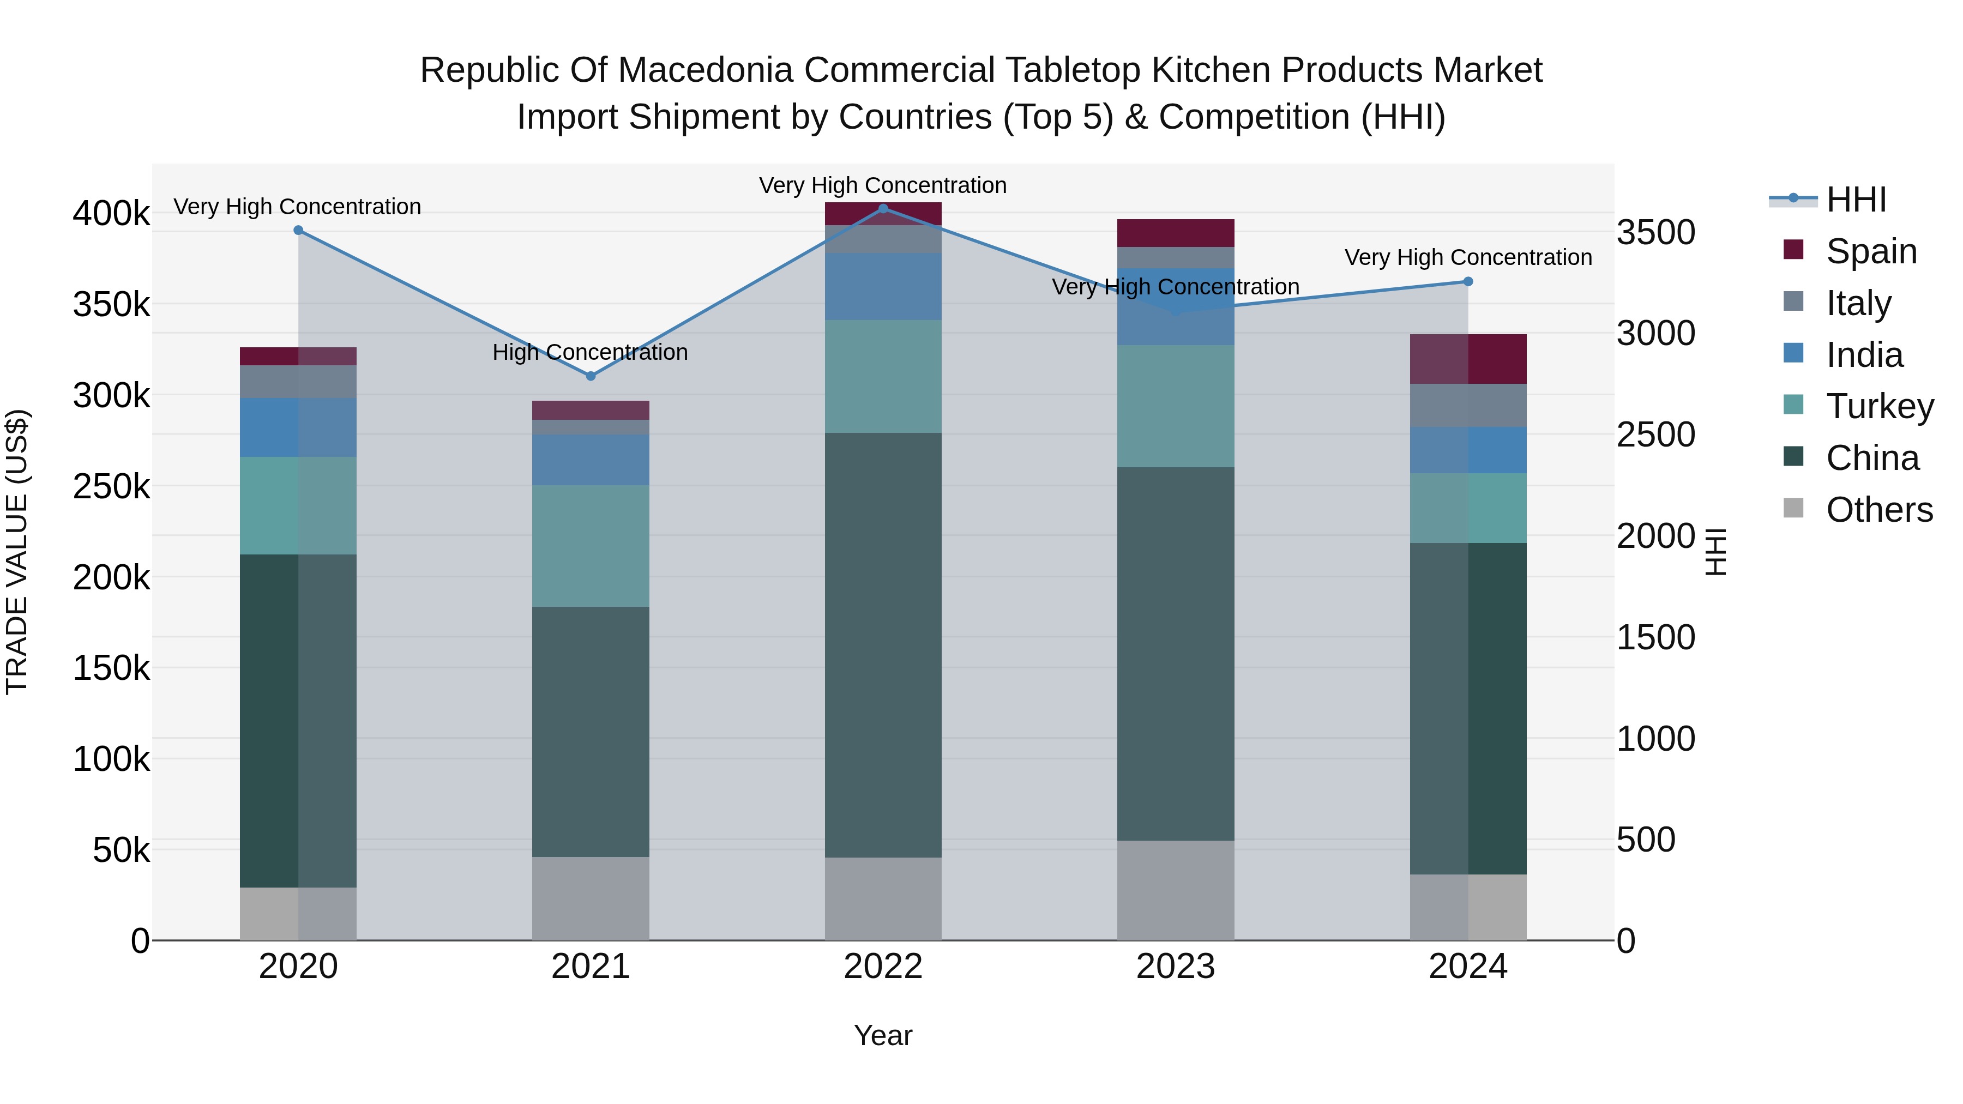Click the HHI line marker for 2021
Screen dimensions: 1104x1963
click(x=591, y=376)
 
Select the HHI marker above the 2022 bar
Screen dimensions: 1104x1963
click(x=883, y=209)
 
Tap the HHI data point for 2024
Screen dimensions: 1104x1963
click(x=1468, y=282)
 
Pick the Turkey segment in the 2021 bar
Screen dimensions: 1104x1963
click(x=591, y=546)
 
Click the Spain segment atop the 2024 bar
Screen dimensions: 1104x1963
click(x=1468, y=359)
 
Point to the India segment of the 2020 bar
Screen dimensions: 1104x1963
click(x=298, y=427)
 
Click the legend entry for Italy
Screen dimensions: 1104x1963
click(x=1858, y=303)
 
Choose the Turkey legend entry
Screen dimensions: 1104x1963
click(x=1879, y=406)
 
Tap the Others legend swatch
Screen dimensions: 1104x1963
click(x=1794, y=508)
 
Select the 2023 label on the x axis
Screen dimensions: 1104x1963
click(x=1176, y=967)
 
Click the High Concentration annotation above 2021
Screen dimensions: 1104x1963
click(x=590, y=352)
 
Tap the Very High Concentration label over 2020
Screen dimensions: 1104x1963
click(x=297, y=207)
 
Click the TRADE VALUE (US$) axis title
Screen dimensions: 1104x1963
click(x=17, y=552)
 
